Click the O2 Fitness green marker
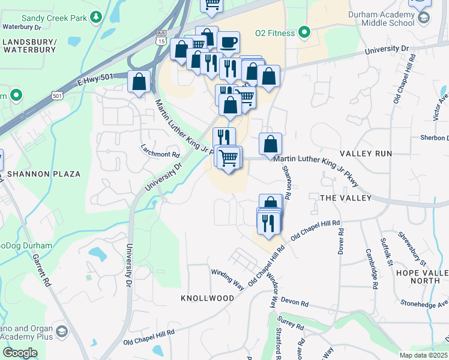pos(304,32)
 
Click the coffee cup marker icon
pos(228,43)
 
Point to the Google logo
pos(20,352)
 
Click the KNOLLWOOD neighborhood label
pos(208,298)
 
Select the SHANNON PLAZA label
pos(44,174)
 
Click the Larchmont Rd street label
pos(156,150)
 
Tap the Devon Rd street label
pos(294,303)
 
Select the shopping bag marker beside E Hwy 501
pos(139,82)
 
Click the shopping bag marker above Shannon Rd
pos(271,144)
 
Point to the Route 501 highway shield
pos(57,95)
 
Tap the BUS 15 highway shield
pos(160,39)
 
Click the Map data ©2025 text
pos(423,355)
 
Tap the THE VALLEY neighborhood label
pos(346,198)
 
